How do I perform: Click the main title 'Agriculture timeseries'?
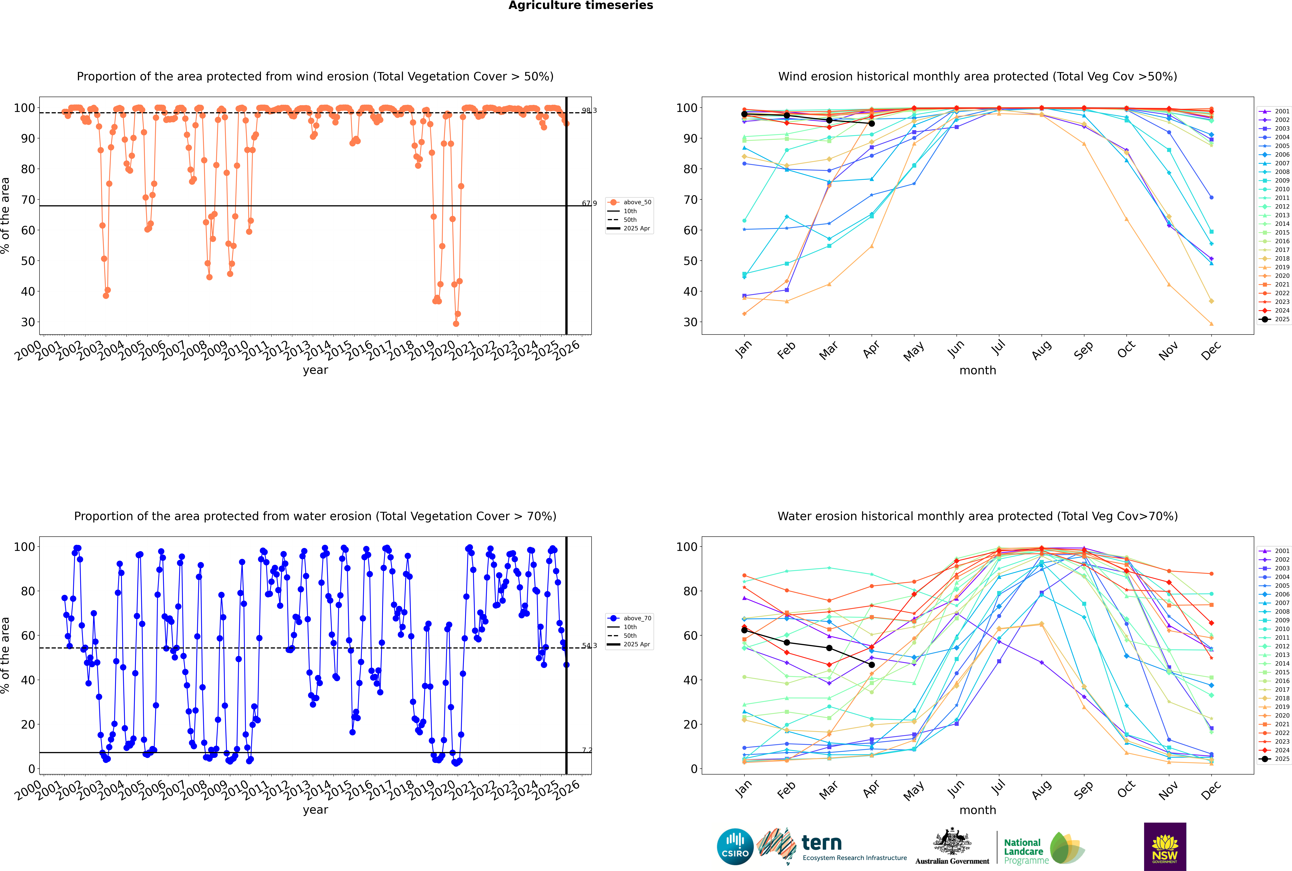[x=580, y=6]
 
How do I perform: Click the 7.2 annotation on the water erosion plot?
[x=587, y=750]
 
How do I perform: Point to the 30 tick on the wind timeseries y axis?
[x=28, y=322]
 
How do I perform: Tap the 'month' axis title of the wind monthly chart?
[x=978, y=371]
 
